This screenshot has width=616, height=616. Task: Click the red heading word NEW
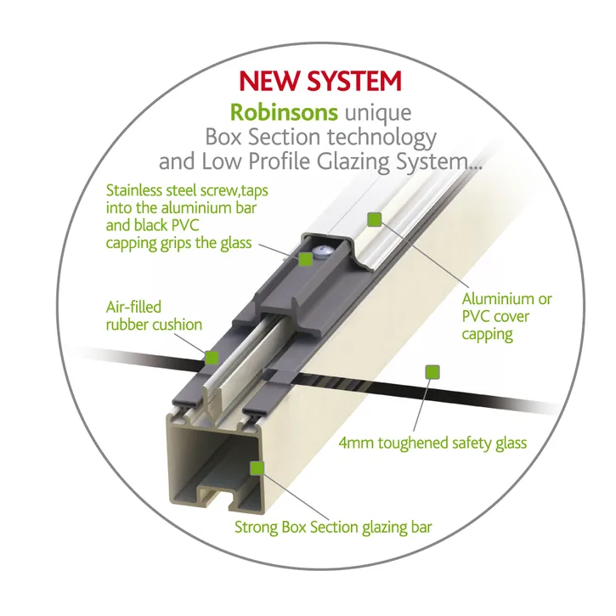pyautogui.click(x=270, y=81)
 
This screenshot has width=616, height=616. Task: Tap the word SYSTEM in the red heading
pyautogui.click(x=355, y=81)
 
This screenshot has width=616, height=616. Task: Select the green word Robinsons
pyautogui.click(x=284, y=112)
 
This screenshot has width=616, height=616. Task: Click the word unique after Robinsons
pyautogui.click(x=378, y=114)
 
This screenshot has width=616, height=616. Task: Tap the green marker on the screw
pyautogui.click(x=305, y=259)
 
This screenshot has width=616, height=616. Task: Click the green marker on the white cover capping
pyautogui.click(x=375, y=219)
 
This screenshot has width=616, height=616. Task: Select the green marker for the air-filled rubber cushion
pyautogui.click(x=212, y=358)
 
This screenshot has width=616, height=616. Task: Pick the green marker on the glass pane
pyautogui.click(x=432, y=371)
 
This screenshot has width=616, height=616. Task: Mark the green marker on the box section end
pyautogui.click(x=257, y=468)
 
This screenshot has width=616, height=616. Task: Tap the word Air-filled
pyautogui.click(x=133, y=307)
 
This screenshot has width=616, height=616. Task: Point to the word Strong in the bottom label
pyautogui.click(x=256, y=527)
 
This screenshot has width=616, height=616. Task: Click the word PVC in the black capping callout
pyautogui.click(x=185, y=225)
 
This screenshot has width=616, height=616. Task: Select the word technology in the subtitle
pyautogui.click(x=381, y=138)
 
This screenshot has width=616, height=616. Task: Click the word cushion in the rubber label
pyautogui.click(x=177, y=325)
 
